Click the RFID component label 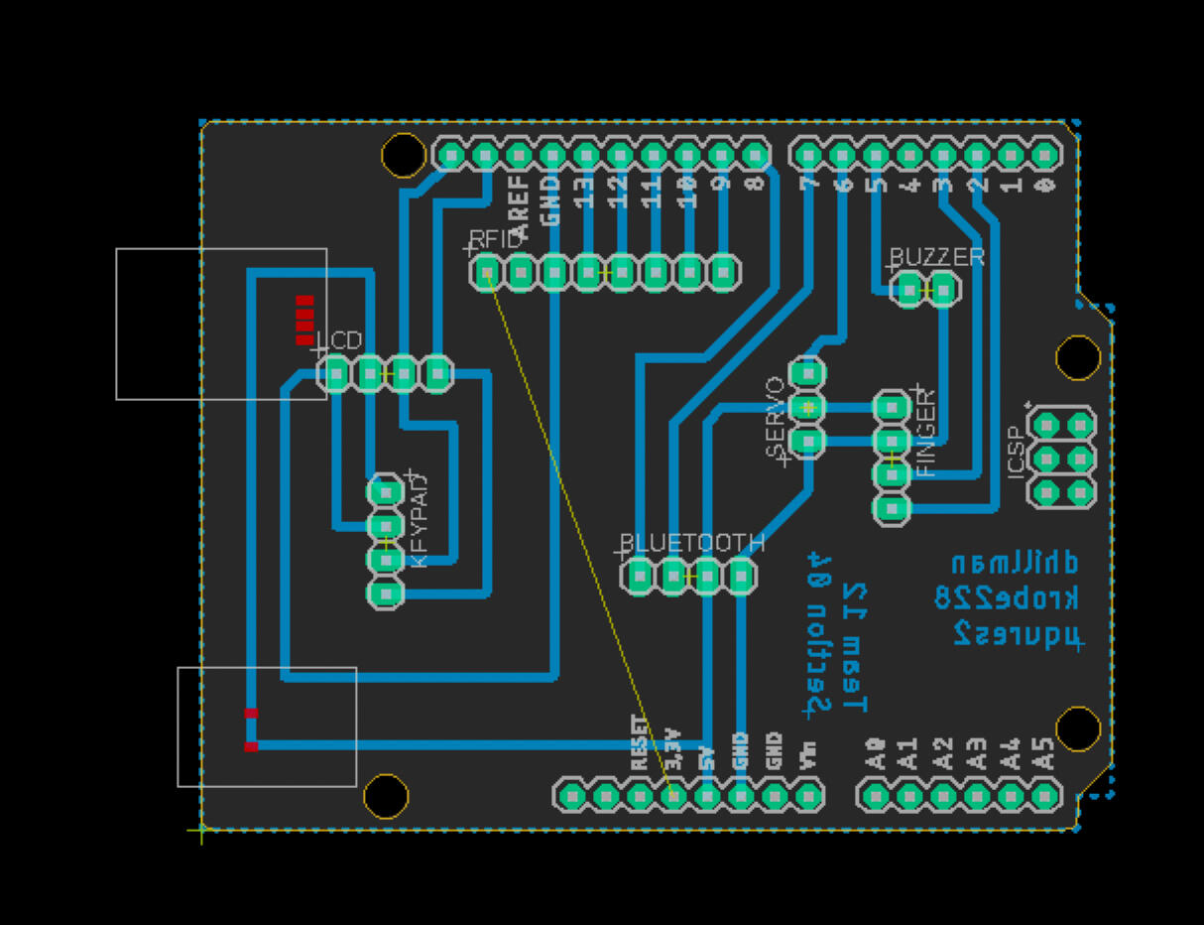coord(495,239)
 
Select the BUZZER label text coord(936,257)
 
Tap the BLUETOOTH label coord(692,543)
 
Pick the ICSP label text coord(1016,452)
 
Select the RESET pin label coord(640,743)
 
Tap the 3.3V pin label coord(673,750)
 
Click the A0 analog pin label coord(875,753)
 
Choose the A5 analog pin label coord(1044,753)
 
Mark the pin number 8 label coord(755,184)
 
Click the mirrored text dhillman coord(1015,563)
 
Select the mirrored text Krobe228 coord(1007,597)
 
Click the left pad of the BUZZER coord(908,290)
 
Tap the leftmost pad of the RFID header coord(487,271)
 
